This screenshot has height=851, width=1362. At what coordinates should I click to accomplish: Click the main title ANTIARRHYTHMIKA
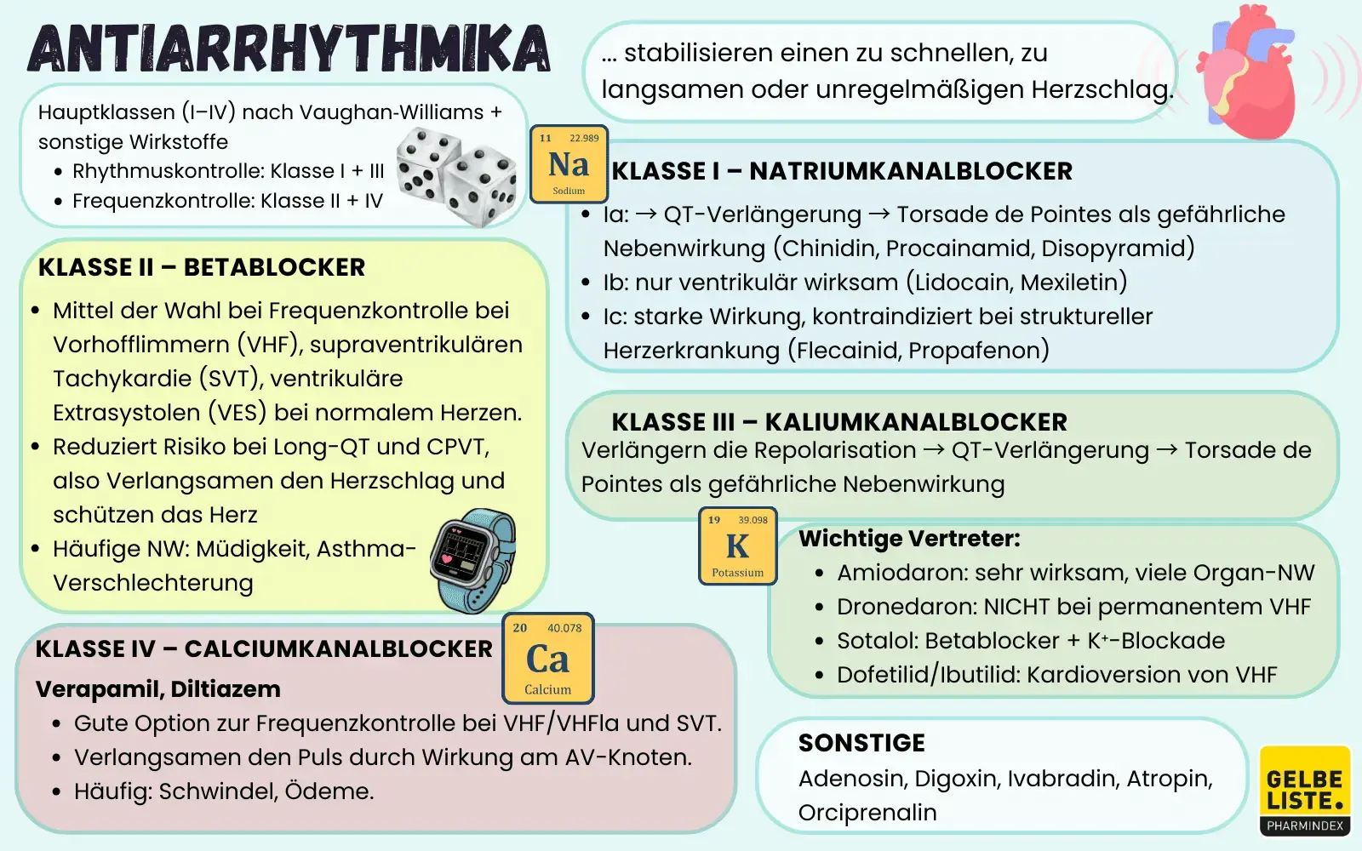point(289,49)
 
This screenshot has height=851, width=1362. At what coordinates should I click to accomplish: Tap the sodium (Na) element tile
point(569,164)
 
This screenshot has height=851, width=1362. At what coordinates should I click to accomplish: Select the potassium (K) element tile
point(737,546)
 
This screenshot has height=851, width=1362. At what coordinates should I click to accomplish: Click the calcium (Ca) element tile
point(547,659)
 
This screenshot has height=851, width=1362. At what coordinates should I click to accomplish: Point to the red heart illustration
point(1248,72)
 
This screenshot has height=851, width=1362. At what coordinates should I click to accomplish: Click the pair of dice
point(456,176)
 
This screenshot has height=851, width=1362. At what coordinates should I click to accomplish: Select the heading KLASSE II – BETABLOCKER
point(202,267)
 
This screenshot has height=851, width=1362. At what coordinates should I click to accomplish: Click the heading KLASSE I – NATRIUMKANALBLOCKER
point(842,171)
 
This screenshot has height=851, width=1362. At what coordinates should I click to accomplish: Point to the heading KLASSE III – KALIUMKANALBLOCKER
point(838,422)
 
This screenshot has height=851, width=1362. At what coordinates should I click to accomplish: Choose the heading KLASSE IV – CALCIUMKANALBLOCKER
point(264,649)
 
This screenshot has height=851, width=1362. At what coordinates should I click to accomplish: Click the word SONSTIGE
point(861,743)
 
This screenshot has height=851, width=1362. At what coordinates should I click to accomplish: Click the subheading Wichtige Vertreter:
point(909,539)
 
